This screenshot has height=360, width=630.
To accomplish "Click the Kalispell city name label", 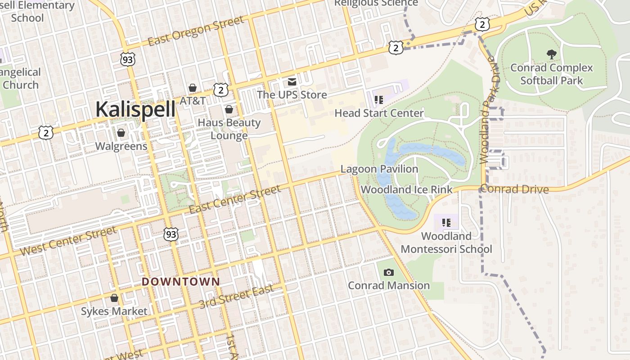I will [x=135, y=109].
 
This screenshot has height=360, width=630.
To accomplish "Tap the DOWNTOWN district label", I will [x=181, y=282].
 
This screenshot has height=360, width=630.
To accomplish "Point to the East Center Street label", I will [x=234, y=200].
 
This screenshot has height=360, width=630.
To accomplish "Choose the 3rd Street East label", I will [x=236, y=297].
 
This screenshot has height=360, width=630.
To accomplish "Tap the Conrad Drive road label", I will [x=514, y=189].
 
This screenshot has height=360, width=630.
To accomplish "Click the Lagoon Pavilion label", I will [x=379, y=169].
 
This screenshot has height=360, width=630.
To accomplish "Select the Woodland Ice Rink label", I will [x=406, y=189].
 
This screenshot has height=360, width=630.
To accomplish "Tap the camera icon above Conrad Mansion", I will [x=389, y=272].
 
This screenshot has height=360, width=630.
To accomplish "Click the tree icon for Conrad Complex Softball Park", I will [x=551, y=54].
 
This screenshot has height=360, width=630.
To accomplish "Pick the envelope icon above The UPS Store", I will [x=292, y=82].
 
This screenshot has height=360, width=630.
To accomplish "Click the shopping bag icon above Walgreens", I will [x=121, y=133].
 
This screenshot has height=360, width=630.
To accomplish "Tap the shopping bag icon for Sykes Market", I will [x=114, y=298].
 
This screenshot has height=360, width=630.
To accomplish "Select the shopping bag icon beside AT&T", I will [x=193, y=87].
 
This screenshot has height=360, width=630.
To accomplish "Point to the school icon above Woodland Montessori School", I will [x=446, y=222].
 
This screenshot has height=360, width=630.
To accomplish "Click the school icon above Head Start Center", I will [x=378, y=99].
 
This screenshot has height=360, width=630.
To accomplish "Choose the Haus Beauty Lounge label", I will [x=229, y=129].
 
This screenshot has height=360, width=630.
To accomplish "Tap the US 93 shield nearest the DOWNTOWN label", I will [x=171, y=234].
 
